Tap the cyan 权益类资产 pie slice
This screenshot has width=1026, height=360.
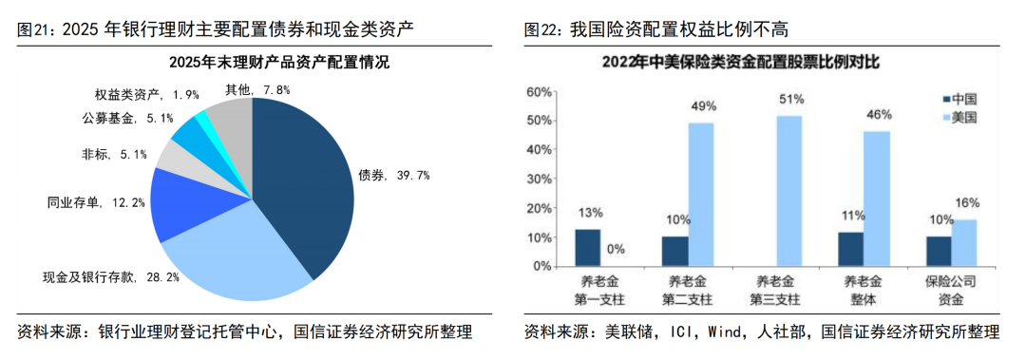[x=199, y=121]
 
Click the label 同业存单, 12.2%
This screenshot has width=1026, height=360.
[x=96, y=202]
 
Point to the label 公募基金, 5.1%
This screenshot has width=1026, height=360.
[x=127, y=119]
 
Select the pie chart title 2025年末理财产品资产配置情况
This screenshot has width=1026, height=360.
[x=252, y=64]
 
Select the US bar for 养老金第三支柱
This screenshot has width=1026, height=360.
[x=788, y=191]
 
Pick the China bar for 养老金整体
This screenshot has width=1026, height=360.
[x=850, y=249]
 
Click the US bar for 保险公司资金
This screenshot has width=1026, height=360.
[x=963, y=242]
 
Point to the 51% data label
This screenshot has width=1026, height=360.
[x=790, y=99]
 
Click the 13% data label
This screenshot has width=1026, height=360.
[x=587, y=212]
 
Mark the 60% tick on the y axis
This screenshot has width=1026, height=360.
[x=539, y=91]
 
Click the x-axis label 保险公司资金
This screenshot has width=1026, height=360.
[x=951, y=291]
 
